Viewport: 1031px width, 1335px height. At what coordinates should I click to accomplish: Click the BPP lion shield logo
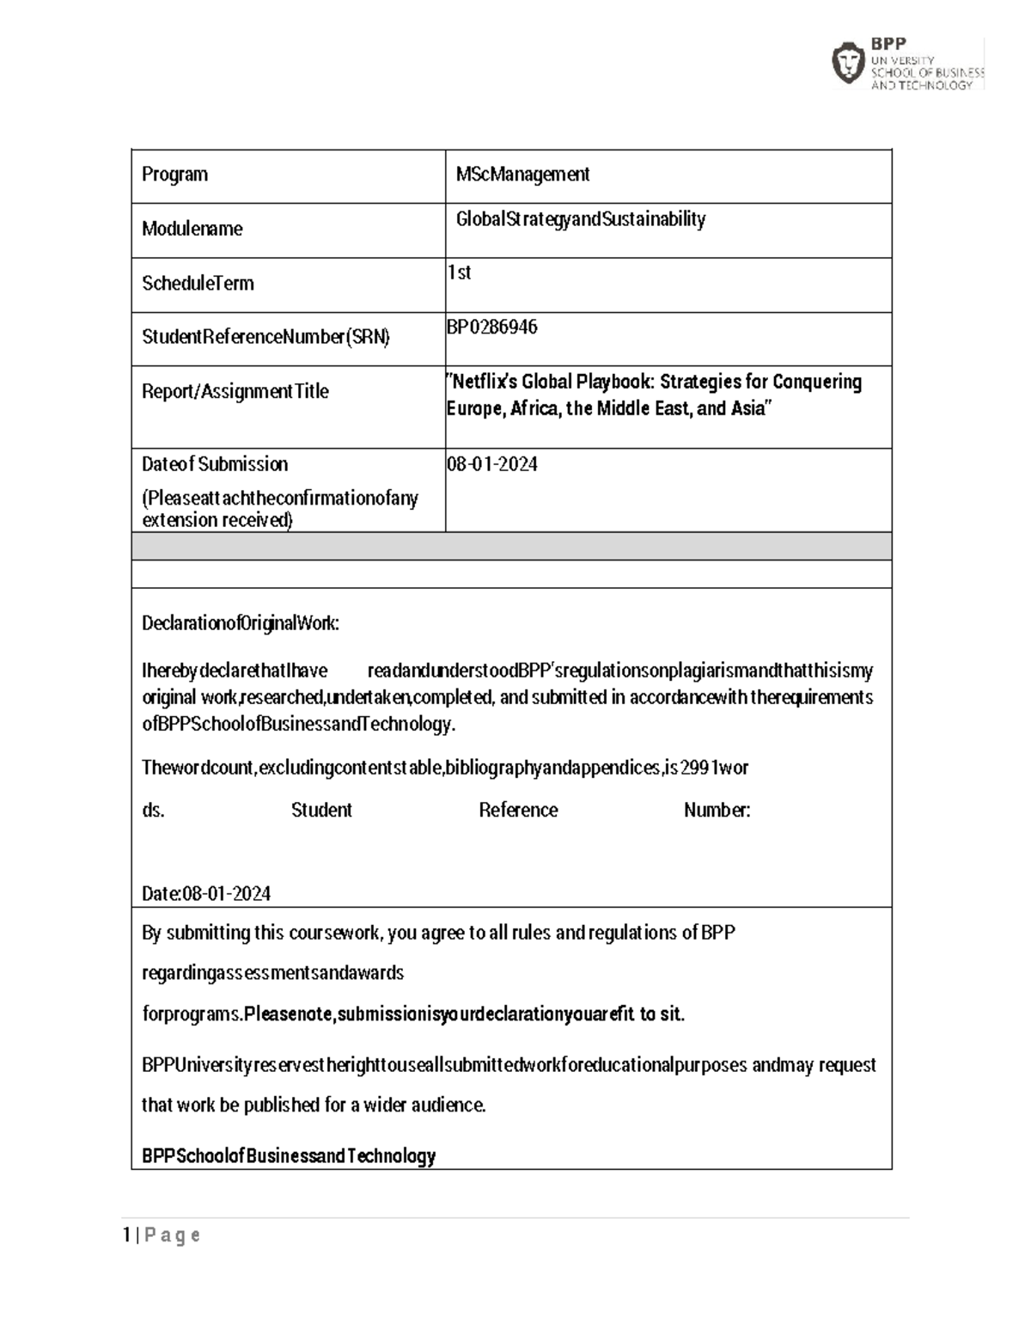tap(848, 63)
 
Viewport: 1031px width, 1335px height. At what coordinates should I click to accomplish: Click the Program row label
tap(174, 175)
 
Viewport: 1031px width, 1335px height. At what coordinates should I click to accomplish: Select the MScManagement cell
tap(522, 175)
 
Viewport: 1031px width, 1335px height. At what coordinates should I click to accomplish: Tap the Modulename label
tap(192, 229)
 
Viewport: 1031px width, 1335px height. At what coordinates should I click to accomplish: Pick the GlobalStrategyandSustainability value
tap(581, 219)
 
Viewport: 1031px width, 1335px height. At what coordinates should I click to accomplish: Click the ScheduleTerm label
tap(198, 283)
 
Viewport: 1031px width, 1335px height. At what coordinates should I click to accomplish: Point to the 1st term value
tap(460, 273)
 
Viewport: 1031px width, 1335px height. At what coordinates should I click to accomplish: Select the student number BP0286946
tap(492, 327)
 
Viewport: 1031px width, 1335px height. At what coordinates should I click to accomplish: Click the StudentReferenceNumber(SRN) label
tap(265, 337)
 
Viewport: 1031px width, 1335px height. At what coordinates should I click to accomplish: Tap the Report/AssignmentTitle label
tap(235, 391)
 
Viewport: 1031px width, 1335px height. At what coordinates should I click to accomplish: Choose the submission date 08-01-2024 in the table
tap(492, 464)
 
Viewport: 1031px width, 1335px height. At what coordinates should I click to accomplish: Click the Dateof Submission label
tap(215, 464)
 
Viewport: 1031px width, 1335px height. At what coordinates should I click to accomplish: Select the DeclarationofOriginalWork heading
tap(241, 623)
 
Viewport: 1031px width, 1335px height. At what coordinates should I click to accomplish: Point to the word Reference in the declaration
tap(518, 810)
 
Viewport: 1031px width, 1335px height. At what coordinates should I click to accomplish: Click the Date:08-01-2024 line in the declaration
tap(206, 893)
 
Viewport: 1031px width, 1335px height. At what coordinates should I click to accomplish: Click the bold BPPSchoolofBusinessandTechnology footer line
tap(289, 1155)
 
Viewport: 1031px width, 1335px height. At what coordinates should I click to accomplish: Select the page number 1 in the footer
tap(127, 1235)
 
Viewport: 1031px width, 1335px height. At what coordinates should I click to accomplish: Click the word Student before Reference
tap(321, 810)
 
